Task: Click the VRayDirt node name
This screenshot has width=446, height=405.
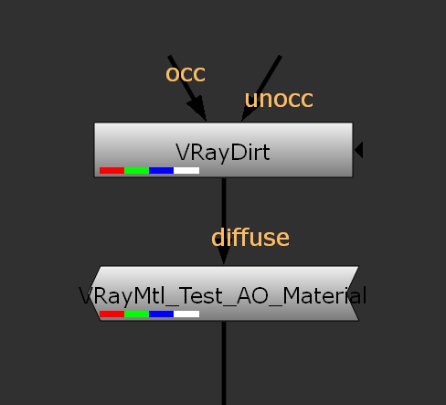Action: (223, 153)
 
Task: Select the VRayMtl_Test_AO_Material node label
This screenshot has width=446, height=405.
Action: (223, 295)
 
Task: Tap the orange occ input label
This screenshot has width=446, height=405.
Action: (186, 74)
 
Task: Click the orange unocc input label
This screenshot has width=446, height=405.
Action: (279, 100)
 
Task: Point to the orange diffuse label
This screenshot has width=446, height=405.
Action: (250, 237)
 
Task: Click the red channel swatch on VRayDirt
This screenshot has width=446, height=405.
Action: (111, 170)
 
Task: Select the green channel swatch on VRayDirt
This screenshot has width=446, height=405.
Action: (136, 170)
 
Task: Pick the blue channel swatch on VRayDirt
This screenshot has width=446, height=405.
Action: (161, 170)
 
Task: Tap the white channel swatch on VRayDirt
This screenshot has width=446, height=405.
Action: (186, 170)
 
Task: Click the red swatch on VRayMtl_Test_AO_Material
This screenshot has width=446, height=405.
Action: (111, 314)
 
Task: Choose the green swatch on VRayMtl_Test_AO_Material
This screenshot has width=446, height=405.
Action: (136, 314)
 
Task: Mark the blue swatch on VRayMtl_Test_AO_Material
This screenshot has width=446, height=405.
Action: (161, 314)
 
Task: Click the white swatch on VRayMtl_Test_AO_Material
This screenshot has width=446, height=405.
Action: (186, 314)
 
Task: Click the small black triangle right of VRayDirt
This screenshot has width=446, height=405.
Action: (359, 150)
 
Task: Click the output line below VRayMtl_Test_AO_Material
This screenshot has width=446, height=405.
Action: (224, 363)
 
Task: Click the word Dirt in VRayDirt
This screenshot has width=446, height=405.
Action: (250, 152)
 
